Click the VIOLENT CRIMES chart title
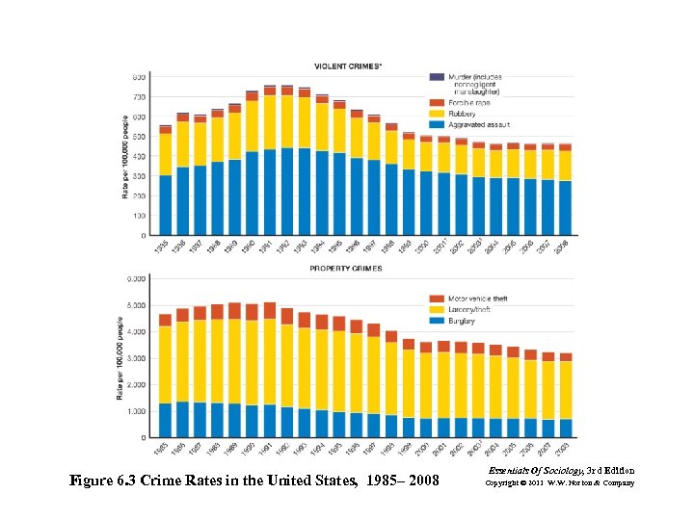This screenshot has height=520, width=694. click(x=348, y=65)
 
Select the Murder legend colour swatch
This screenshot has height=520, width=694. click(x=436, y=77)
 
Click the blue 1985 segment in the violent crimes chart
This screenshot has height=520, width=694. click(x=166, y=205)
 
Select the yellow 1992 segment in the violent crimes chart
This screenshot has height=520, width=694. click(x=287, y=121)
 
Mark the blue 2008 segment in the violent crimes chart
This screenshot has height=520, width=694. click(x=565, y=208)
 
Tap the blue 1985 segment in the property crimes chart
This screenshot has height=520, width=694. click(x=165, y=420)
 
